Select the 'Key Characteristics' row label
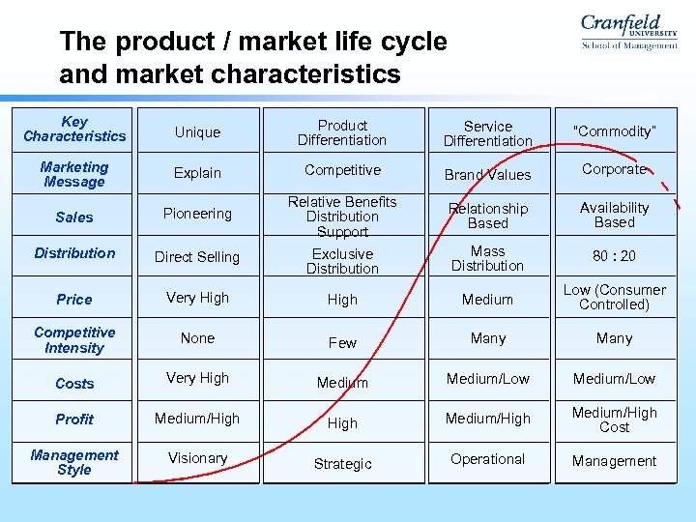point(74,130)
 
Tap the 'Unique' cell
point(197,132)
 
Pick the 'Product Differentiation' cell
point(342,132)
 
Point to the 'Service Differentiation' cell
point(487,133)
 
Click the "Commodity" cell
point(614,131)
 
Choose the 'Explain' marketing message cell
point(197,173)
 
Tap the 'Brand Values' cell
point(487,175)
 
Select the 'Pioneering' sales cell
point(197,214)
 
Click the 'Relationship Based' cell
point(487,216)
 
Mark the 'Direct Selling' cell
point(197,257)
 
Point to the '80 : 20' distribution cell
point(614,256)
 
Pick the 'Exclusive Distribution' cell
point(342,261)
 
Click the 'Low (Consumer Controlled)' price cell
point(614,297)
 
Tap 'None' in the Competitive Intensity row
point(197,338)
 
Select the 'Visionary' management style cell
point(197,458)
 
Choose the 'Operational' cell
point(487,459)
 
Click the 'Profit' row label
point(74,420)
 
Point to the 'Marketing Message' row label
point(74,175)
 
